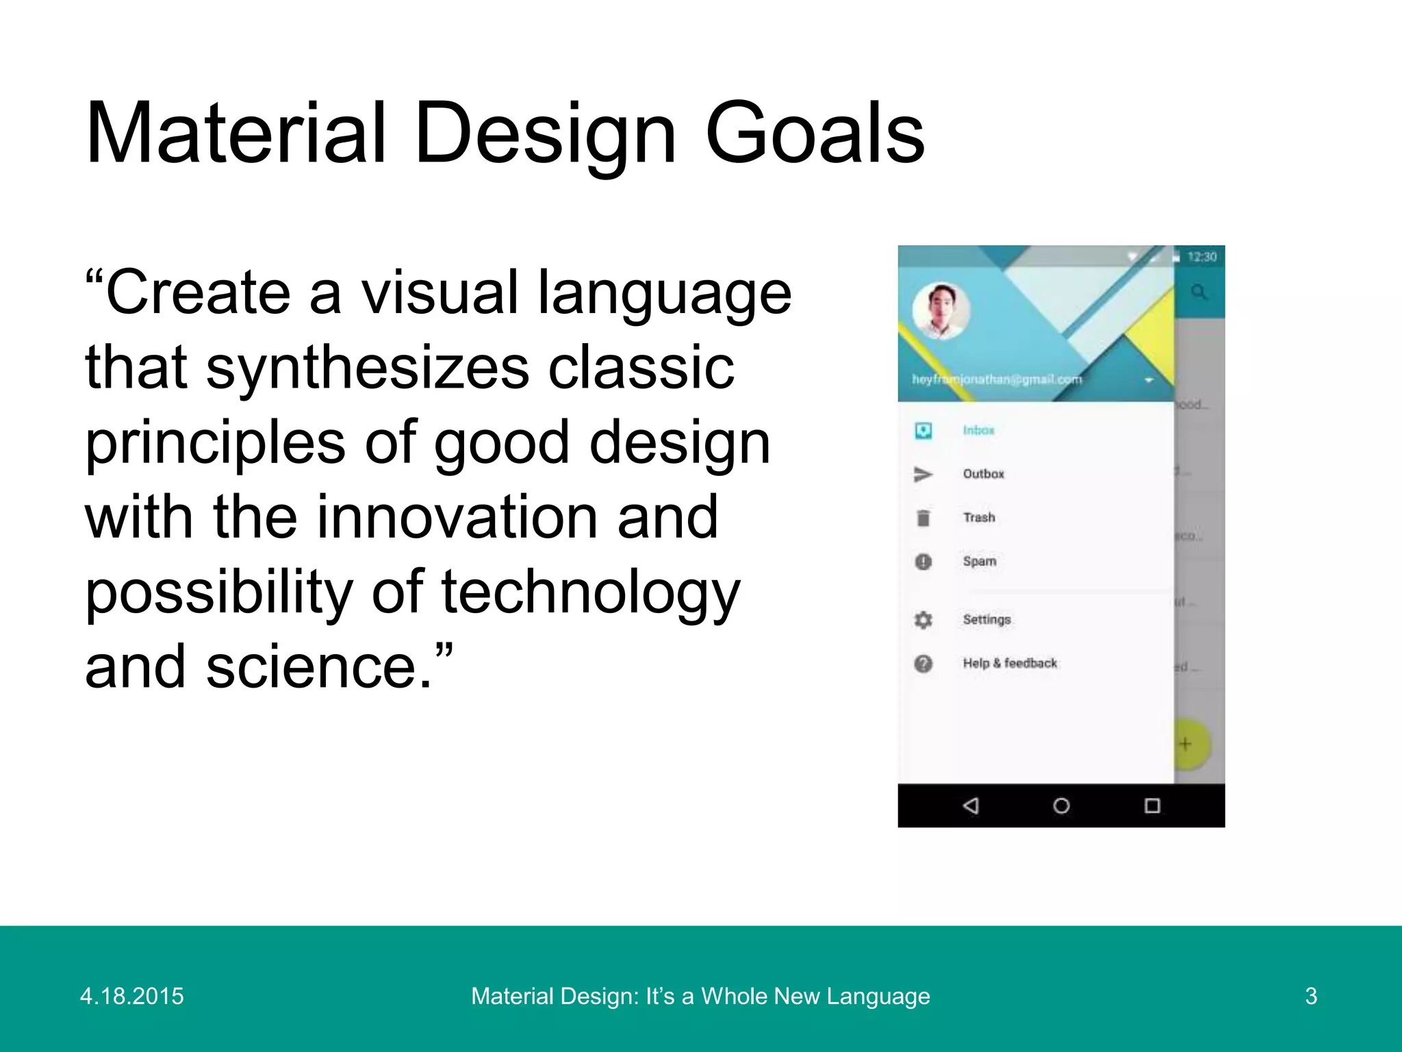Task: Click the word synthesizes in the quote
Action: (368, 368)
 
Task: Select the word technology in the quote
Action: (590, 592)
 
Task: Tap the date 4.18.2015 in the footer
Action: (132, 996)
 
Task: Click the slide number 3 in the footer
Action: (1311, 996)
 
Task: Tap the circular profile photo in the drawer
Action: (941, 311)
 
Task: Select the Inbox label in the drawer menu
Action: (978, 430)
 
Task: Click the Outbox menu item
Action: (983, 474)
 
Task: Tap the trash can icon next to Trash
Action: (923, 518)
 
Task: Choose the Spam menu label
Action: (980, 561)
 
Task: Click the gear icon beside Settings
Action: (923, 620)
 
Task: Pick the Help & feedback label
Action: (1010, 663)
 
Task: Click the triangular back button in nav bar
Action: (971, 805)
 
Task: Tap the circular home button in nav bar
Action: (1061, 805)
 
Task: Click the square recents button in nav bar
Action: (1152, 805)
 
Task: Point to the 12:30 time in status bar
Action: (1201, 257)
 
